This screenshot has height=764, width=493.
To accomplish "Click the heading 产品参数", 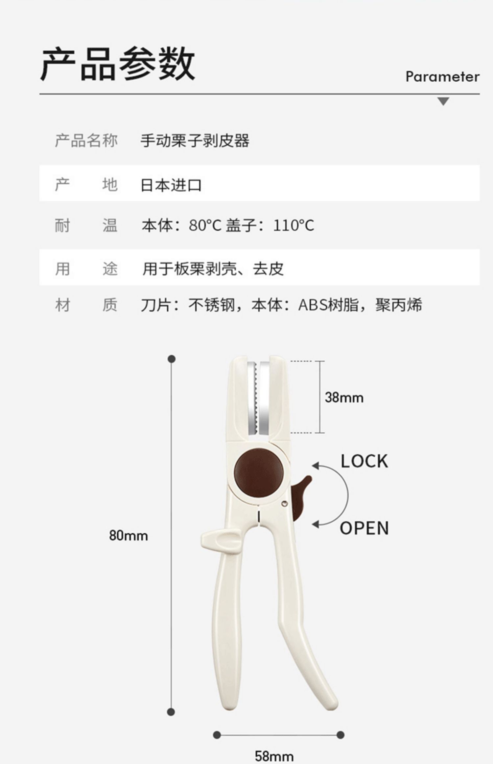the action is (117, 64).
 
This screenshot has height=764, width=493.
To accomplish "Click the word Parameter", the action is (442, 77).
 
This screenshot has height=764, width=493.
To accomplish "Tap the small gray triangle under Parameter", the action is (443, 101).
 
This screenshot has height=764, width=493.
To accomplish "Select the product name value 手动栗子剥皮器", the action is (195, 140).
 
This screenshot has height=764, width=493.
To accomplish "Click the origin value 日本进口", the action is (171, 185).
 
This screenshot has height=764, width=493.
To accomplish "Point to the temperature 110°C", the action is (293, 226).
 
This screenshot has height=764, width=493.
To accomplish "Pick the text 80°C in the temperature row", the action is (205, 226).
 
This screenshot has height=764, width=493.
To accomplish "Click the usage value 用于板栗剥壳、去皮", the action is (213, 269).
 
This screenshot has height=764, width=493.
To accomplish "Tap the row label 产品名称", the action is (86, 140).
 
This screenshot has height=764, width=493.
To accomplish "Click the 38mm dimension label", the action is (344, 397).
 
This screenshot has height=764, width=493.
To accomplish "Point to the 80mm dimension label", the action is (129, 536).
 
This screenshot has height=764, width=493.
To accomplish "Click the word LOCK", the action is (364, 461).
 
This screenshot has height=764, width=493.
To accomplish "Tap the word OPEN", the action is (364, 528).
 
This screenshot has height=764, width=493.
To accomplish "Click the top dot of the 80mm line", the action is (171, 359).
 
